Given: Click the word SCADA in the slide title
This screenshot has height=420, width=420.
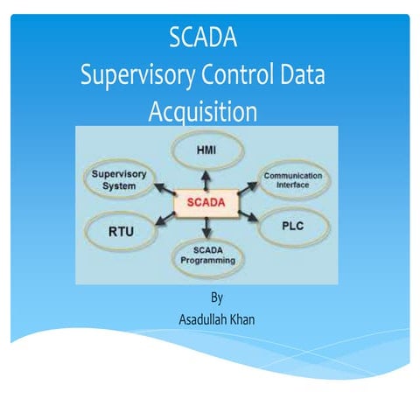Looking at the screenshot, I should (x=203, y=39).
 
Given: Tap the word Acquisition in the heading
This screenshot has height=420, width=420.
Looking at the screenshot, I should (x=202, y=112).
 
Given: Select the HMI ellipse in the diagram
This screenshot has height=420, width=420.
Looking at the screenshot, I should (x=207, y=150).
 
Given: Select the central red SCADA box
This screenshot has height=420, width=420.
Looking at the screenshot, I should (x=206, y=203).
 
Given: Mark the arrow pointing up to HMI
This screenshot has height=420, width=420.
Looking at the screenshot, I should (x=206, y=179).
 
